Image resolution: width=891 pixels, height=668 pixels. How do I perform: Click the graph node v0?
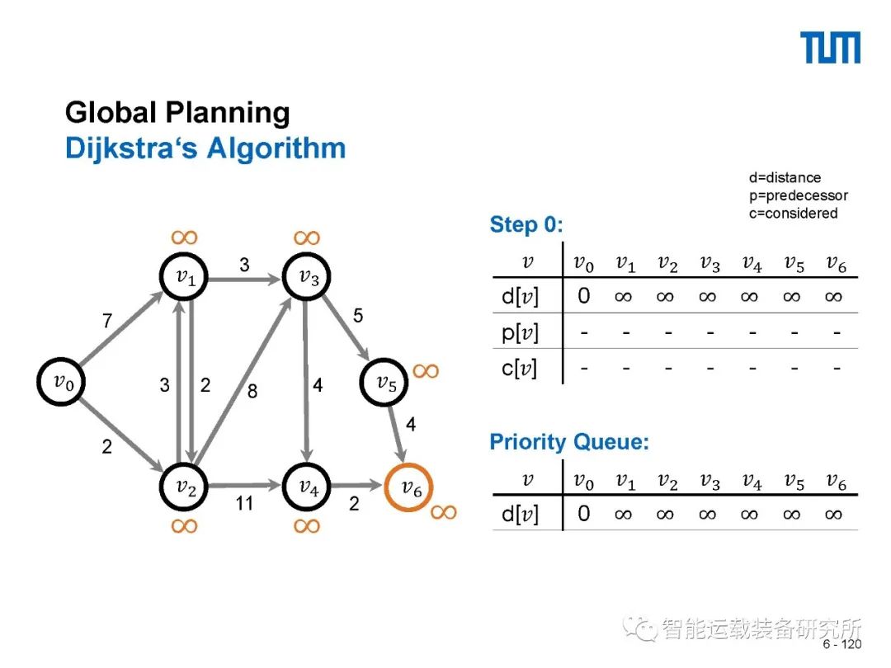[x=63, y=381]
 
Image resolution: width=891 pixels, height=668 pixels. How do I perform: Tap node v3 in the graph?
[x=309, y=278]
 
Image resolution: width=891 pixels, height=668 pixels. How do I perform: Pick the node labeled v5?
[x=386, y=382]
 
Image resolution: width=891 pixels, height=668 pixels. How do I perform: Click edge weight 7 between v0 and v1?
[x=107, y=322]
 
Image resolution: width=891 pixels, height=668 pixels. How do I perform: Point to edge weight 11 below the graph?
[x=244, y=502]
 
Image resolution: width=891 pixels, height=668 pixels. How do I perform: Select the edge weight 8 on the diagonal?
[x=252, y=391]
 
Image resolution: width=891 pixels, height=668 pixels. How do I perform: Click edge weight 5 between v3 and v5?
[x=357, y=316]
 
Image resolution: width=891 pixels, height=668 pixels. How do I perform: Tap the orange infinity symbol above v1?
[x=185, y=238]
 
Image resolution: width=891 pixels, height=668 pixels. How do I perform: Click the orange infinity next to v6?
[x=443, y=512]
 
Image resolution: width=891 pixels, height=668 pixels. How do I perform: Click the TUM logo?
[x=832, y=48]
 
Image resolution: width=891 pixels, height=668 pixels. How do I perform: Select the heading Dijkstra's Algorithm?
[x=205, y=148]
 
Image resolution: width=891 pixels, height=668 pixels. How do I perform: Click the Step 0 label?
[x=526, y=224]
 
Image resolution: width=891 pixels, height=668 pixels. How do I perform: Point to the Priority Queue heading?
[x=569, y=442]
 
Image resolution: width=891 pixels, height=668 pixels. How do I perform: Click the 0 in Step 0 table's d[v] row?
[x=584, y=295]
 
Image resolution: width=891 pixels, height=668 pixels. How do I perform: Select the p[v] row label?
[x=520, y=332]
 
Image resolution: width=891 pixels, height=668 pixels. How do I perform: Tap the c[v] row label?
[x=520, y=368]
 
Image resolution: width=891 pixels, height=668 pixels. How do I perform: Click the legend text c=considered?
[x=793, y=214]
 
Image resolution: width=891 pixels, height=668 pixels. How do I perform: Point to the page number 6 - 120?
[x=841, y=644]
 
